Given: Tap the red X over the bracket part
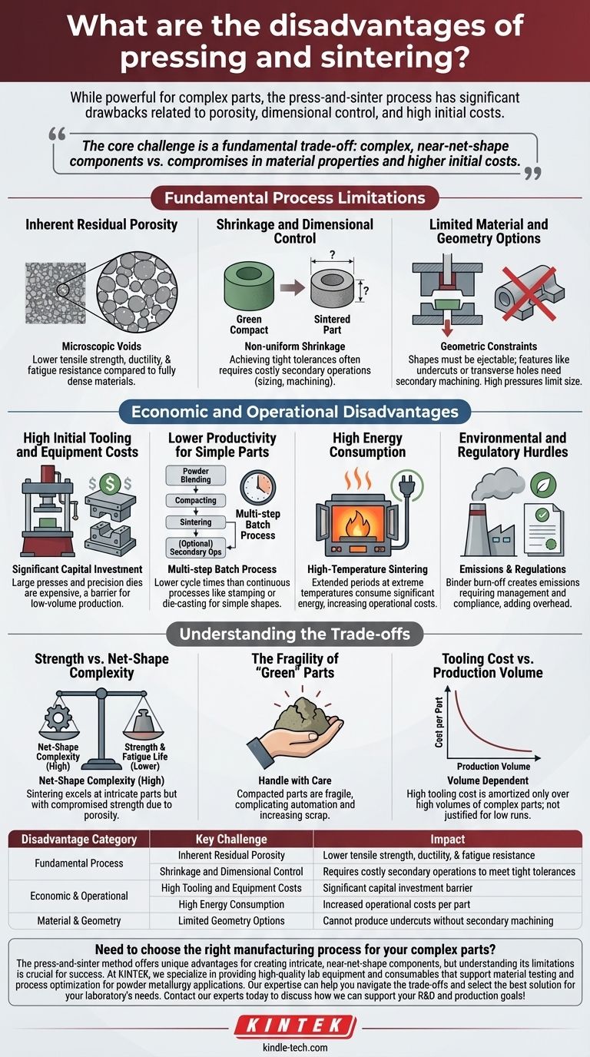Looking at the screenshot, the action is [529, 292].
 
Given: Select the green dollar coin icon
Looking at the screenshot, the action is [110, 484].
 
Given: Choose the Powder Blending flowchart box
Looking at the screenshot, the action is [195, 475].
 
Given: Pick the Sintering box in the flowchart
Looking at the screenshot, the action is [195, 522].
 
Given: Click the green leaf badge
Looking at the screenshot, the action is [543, 484].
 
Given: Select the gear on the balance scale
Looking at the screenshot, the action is [58, 717].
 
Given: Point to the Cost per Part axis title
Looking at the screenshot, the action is [439, 722].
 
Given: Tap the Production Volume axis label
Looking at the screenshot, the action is [493, 766].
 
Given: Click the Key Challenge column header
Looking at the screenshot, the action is [231, 839].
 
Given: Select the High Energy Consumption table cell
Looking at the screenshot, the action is [231, 904].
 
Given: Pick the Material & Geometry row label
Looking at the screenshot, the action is [79, 920].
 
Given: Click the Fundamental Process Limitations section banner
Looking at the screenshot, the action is [294, 197].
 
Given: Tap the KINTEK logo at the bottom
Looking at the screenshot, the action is [295, 1025].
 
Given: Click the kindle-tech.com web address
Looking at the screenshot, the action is [295, 1047].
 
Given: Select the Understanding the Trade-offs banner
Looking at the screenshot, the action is [294, 634].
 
